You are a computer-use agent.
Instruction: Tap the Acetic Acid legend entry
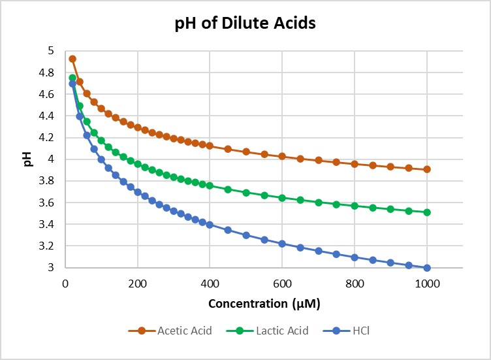(x=185, y=331)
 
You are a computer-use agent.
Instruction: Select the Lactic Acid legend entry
(x=281, y=331)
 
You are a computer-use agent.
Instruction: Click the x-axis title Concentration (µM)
(x=264, y=304)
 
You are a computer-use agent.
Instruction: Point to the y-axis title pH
(x=27, y=159)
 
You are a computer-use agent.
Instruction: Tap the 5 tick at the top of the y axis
(x=53, y=51)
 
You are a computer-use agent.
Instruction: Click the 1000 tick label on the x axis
(x=427, y=284)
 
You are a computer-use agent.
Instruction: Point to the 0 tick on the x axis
(x=65, y=284)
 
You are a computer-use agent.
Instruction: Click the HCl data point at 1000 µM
(x=427, y=268)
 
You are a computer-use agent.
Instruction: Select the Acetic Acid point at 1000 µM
(x=427, y=169)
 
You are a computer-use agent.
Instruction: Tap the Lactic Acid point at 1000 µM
(x=427, y=212)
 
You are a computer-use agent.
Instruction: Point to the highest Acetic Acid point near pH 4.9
(x=72, y=59)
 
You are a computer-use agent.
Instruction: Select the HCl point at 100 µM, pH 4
(x=101, y=159)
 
